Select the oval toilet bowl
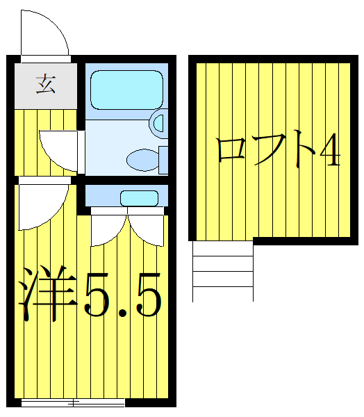click(x=143, y=160)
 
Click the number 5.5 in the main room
click(x=124, y=295)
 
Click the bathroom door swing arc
click(x=59, y=145)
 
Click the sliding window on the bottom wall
click(x=73, y=402)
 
